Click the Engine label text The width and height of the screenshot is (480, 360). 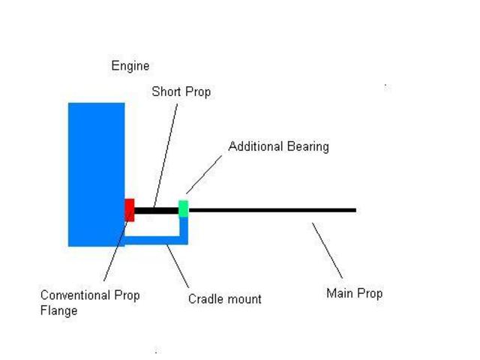click(x=130, y=66)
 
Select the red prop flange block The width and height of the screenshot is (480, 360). click(x=130, y=210)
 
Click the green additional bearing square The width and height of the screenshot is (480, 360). click(x=183, y=208)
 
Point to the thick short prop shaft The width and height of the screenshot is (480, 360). click(x=157, y=211)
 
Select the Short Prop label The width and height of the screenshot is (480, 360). click(x=181, y=91)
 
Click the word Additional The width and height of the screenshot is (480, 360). click(x=253, y=146)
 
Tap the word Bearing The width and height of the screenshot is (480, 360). click(x=305, y=146)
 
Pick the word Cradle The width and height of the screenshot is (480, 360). click(x=206, y=299)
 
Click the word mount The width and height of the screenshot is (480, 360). click(x=244, y=299)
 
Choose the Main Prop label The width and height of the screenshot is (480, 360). click(x=354, y=293)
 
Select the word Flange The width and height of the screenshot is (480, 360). click(x=58, y=310)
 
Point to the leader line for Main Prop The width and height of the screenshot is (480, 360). click(x=328, y=251)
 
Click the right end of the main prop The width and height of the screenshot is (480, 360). click(x=353, y=210)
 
